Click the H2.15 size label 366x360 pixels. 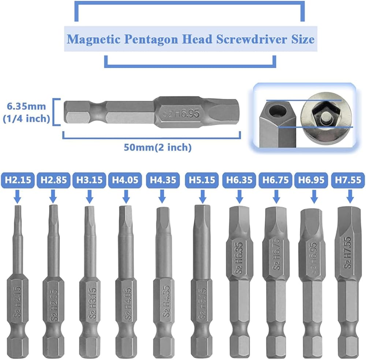click(x=18, y=180)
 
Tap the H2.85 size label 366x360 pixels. click(x=53, y=180)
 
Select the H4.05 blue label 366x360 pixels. click(x=126, y=180)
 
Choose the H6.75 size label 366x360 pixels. click(x=276, y=180)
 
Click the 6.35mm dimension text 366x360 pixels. click(x=27, y=107)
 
